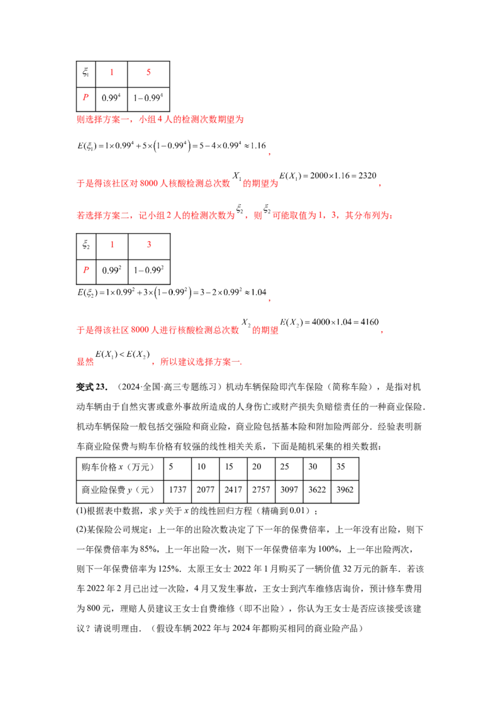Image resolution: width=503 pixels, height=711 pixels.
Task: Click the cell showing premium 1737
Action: (177, 490)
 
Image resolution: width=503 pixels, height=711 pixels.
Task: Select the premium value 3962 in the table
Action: (345, 490)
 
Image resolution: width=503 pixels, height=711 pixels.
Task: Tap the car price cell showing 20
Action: (257, 467)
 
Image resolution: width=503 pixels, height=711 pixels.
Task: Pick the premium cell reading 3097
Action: (289, 490)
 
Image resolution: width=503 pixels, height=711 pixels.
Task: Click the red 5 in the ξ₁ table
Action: (148, 72)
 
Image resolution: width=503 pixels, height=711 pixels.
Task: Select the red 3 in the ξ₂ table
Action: (149, 244)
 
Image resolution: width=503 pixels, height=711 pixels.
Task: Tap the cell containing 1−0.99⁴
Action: (148, 97)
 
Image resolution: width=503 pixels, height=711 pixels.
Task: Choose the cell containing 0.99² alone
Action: (111, 270)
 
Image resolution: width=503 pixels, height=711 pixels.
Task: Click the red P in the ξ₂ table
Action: (86, 270)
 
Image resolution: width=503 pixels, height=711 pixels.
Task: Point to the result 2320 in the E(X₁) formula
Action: (367, 175)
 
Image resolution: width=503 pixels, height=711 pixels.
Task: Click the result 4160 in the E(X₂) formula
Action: (369, 322)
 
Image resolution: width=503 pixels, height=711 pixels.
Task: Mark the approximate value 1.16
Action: (258, 146)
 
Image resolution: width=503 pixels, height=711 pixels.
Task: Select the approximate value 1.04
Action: (258, 293)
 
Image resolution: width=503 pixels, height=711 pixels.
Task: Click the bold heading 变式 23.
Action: (91, 387)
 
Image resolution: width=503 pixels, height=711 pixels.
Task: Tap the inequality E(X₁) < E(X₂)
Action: (122, 355)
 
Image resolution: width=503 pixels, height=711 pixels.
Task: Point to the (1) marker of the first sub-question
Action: (81, 511)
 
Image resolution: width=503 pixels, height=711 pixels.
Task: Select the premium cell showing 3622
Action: (317, 490)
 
